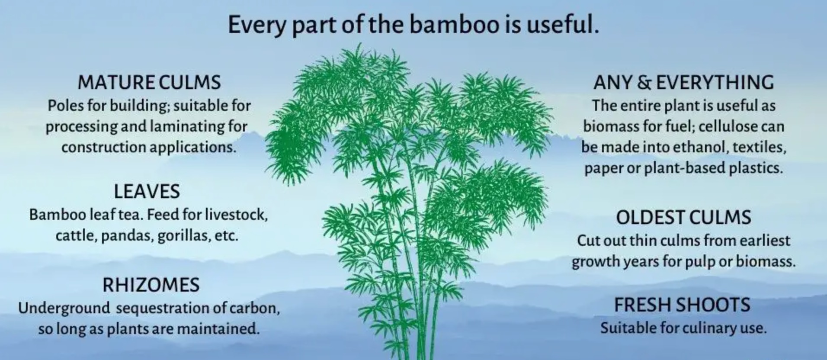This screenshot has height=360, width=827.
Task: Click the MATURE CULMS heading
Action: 149,83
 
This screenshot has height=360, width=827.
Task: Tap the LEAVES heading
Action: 147,192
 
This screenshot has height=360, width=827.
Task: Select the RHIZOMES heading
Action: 151,285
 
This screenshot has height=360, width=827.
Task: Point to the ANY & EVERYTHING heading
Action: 683,83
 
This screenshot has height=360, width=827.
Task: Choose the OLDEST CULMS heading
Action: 683,217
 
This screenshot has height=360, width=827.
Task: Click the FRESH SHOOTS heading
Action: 682,305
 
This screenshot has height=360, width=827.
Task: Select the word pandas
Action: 127,236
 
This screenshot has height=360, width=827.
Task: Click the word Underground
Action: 64,308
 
